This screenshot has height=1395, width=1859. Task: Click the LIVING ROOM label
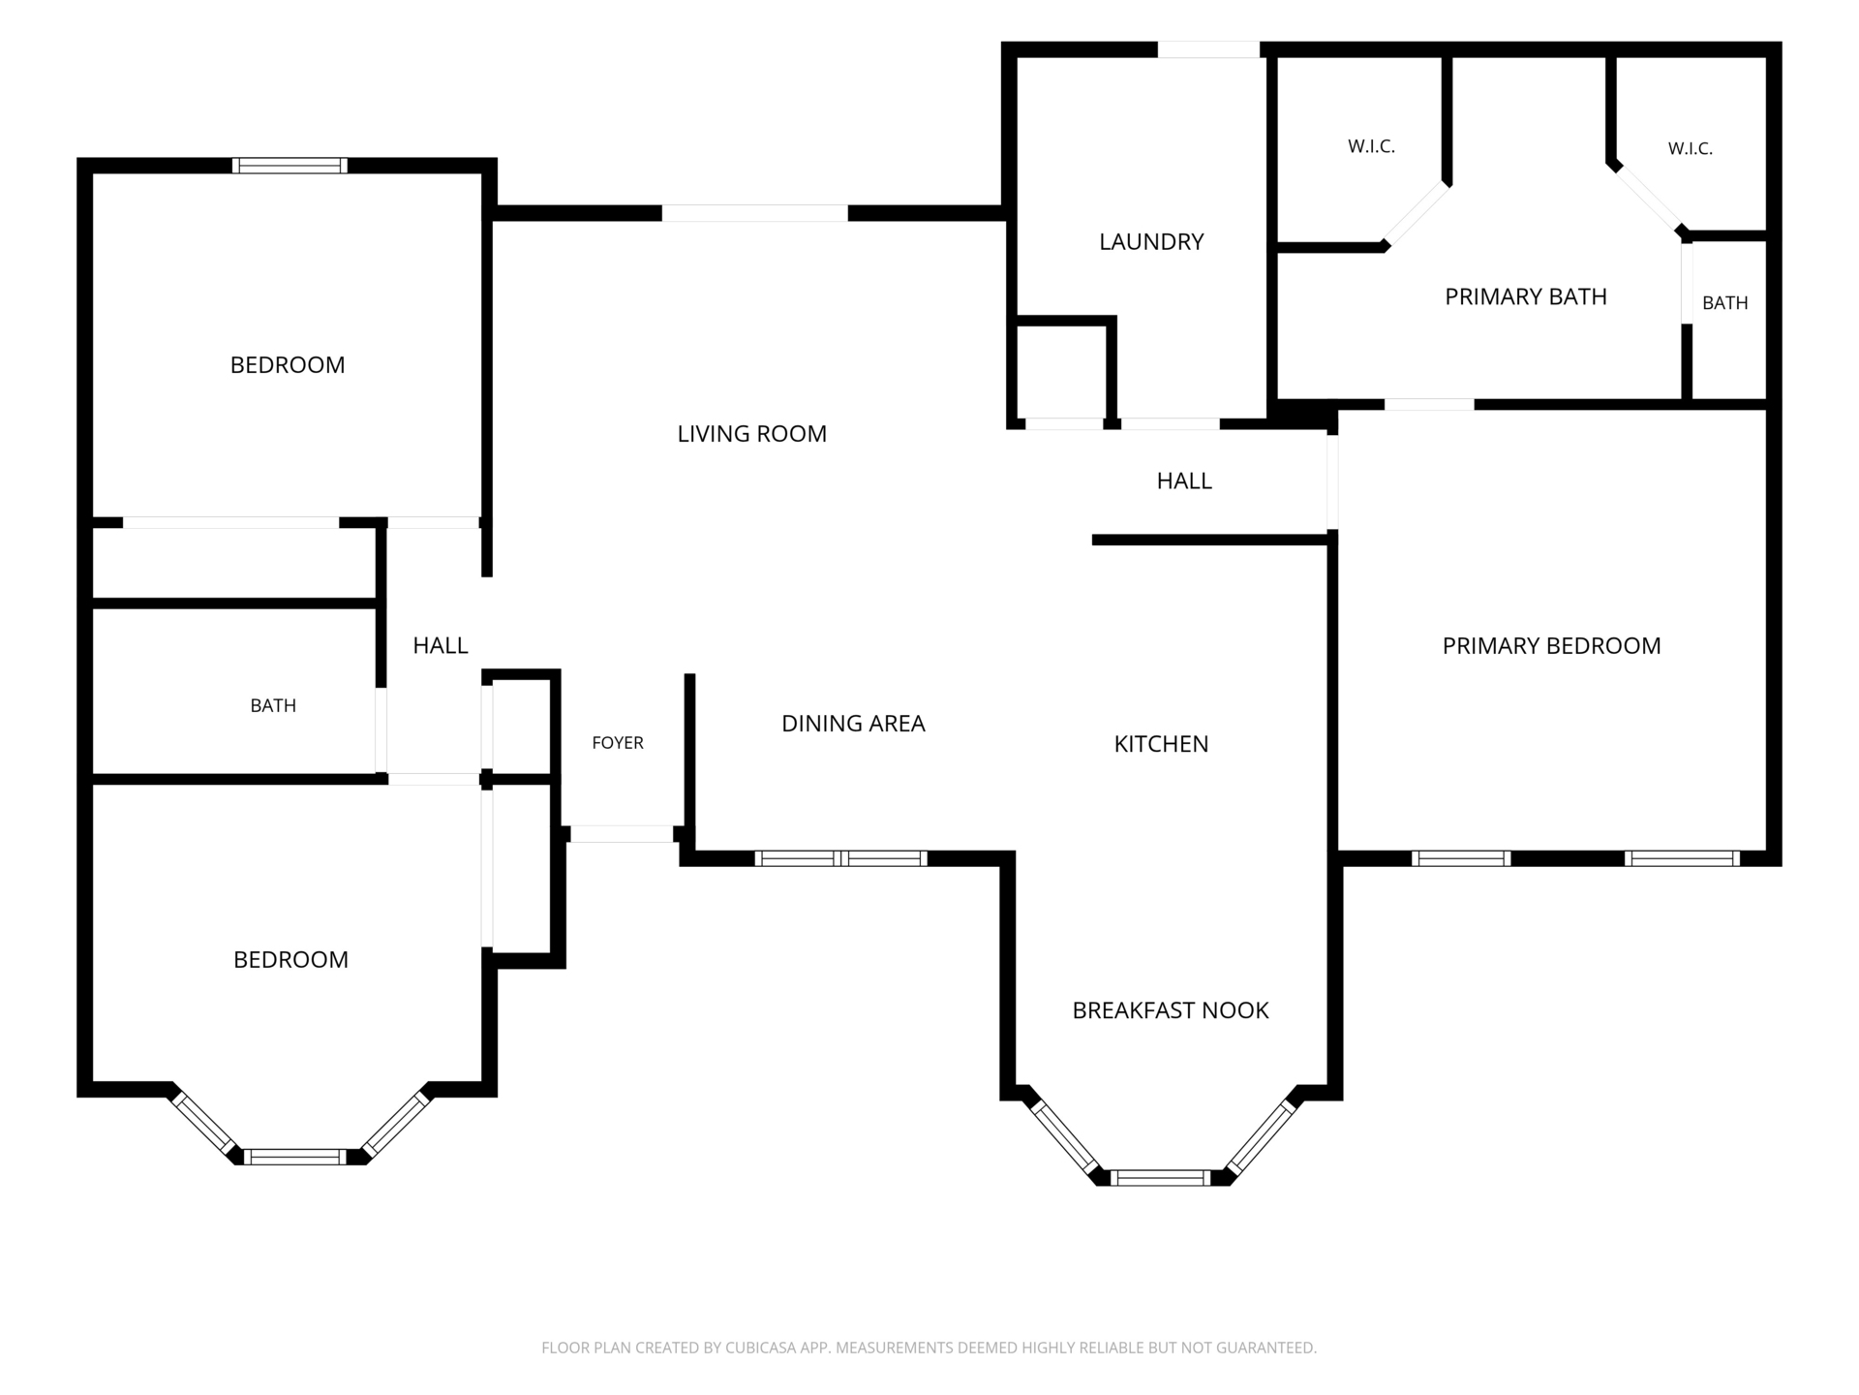tap(751, 434)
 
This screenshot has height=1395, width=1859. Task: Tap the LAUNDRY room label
tap(1151, 241)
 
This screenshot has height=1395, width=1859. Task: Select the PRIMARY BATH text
tap(1526, 296)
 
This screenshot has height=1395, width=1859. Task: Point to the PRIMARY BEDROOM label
tap(1551, 646)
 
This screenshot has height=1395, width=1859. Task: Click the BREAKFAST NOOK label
tap(1170, 1010)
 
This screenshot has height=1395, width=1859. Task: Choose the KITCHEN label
tap(1161, 744)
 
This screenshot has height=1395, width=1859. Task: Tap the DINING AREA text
tap(853, 724)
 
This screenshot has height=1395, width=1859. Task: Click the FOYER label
tap(618, 743)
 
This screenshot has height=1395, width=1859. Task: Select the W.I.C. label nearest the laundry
tap(1371, 146)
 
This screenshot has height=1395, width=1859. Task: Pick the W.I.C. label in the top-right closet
tap(1691, 148)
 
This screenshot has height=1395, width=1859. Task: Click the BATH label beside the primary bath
tap(1725, 303)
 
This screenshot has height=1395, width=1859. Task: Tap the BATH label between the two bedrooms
tap(273, 706)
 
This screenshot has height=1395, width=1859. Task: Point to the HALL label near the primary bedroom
tap(1184, 480)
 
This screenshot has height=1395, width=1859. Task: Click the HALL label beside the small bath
tap(441, 645)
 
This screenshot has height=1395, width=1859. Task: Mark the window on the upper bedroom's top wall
tap(290, 166)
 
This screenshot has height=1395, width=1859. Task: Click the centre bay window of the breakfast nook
tap(1160, 1178)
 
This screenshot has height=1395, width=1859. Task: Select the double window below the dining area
tap(840, 858)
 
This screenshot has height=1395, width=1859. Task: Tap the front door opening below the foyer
tap(622, 833)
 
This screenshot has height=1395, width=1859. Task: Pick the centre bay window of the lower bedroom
tap(294, 1157)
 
